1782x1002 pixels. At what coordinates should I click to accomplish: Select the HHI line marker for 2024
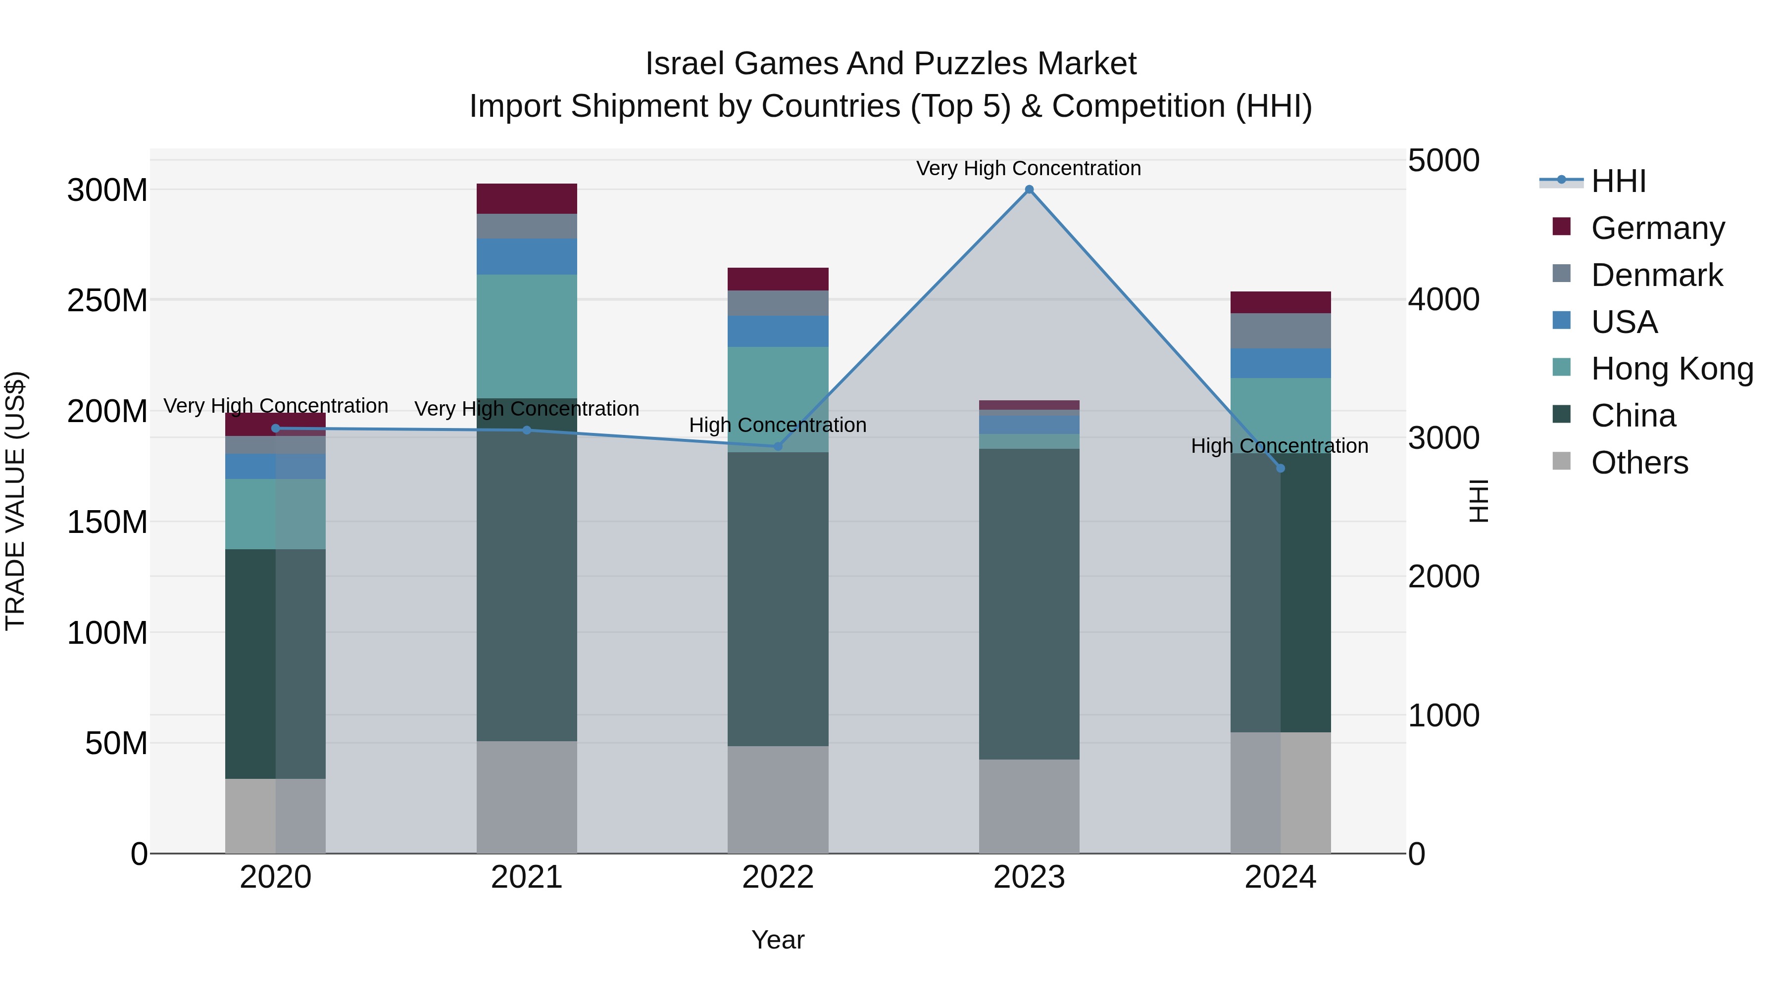tap(1281, 468)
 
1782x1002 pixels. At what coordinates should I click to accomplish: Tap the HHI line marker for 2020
tap(275, 428)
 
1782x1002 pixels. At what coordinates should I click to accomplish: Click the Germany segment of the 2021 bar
tap(527, 198)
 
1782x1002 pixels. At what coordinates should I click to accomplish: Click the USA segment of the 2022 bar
tap(778, 331)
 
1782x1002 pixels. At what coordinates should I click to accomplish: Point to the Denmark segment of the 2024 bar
tap(1281, 331)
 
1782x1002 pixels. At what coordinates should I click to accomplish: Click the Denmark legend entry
tap(1656, 275)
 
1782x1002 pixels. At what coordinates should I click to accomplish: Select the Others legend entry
tap(1639, 463)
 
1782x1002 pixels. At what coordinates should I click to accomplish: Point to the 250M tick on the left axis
tap(107, 301)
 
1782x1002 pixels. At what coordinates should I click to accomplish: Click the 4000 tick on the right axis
tap(1444, 299)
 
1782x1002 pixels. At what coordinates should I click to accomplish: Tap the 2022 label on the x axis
tap(778, 877)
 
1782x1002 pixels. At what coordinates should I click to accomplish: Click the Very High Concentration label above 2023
tap(1028, 168)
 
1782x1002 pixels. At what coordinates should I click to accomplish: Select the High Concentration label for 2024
tap(1279, 446)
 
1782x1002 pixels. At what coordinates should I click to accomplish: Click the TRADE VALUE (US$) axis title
tap(15, 501)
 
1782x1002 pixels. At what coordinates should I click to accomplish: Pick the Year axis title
tap(778, 940)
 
